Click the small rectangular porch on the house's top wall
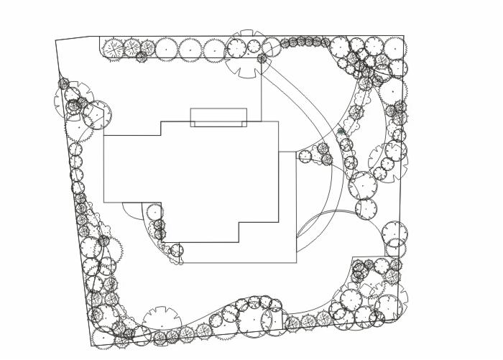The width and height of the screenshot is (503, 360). tap(218, 117)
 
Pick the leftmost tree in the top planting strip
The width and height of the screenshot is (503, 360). tap(114, 49)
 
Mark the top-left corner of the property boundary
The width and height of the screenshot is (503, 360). tap(56, 41)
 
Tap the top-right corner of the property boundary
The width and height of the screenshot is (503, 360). tap(403, 36)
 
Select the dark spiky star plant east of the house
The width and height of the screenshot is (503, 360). tap(341, 131)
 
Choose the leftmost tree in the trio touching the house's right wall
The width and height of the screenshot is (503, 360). tap(305, 155)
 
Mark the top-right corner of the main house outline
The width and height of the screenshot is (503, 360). tap(278, 121)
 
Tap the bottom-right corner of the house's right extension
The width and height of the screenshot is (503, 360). tap(296, 262)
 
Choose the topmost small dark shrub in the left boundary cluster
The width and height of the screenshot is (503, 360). tap(65, 83)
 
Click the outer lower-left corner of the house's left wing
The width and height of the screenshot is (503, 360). tap(104, 202)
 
